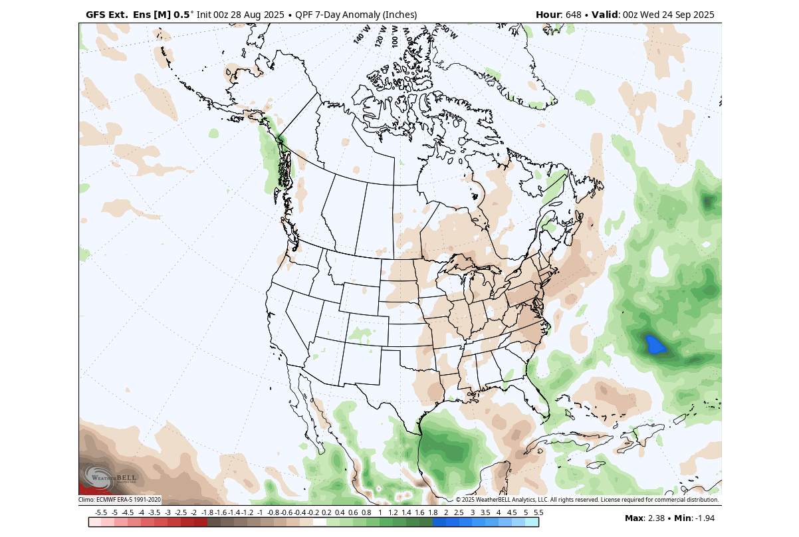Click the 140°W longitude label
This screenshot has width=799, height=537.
[x=362, y=35]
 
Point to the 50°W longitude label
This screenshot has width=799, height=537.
[x=449, y=31]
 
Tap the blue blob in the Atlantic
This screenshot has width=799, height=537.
[x=656, y=345]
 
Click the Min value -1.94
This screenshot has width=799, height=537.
[x=703, y=518]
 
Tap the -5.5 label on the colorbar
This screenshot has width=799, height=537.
[x=101, y=512]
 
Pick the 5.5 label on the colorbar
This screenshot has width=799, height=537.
[x=538, y=512]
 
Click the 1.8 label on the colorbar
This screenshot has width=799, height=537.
[x=433, y=512]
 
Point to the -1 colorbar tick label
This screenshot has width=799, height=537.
[x=260, y=512]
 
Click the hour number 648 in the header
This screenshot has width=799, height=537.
[x=575, y=15]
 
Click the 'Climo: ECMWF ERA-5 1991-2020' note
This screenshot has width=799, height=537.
[x=120, y=500]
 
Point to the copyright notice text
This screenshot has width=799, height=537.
[x=586, y=500]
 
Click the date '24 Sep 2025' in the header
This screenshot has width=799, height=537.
[x=687, y=15]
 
